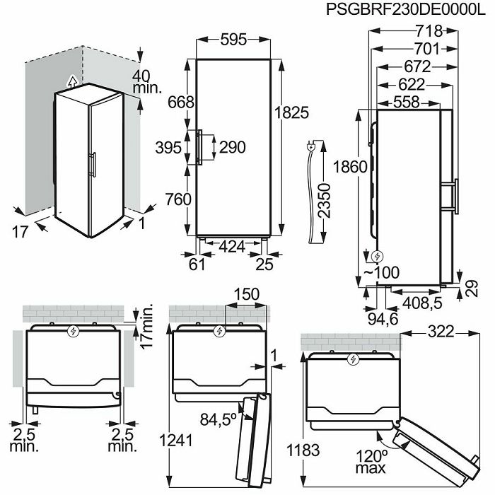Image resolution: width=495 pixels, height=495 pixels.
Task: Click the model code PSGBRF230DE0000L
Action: (x=405, y=9)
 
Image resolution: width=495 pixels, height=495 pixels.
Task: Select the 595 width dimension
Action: (x=233, y=40)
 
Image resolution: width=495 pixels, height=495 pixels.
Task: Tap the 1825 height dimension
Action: (x=291, y=112)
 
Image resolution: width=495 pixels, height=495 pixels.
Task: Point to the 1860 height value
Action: (x=351, y=167)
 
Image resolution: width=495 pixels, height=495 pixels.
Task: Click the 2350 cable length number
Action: (x=325, y=201)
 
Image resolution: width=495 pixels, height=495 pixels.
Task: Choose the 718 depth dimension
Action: (x=429, y=31)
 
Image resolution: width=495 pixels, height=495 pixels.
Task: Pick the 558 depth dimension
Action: (x=407, y=103)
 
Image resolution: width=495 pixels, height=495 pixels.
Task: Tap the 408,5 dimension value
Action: (x=422, y=303)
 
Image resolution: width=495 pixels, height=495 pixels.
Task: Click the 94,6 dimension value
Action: (x=383, y=319)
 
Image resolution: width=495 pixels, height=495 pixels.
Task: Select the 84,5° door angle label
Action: (x=218, y=419)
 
